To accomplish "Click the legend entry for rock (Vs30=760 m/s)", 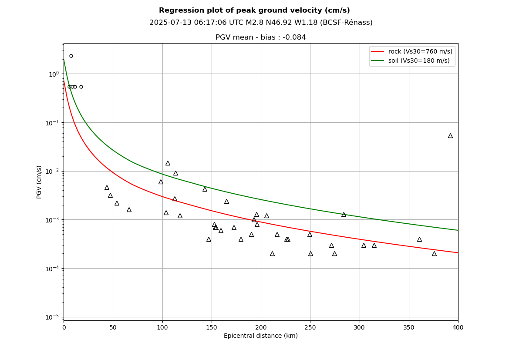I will [420, 51].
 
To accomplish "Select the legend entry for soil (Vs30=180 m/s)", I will [419, 61].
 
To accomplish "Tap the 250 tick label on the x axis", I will [310, 327].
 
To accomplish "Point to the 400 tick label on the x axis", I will [458, 327].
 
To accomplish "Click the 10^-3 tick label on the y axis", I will [54, 220].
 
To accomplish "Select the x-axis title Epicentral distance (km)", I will [261, 336].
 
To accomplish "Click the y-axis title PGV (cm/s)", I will [39, 182].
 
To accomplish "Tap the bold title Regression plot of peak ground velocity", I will [254, 10].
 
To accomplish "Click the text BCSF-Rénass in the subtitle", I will [347, 23].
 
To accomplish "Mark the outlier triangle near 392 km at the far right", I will [450, 136].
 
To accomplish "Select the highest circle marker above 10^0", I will [71, 56].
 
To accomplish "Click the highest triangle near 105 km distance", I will [168, 163].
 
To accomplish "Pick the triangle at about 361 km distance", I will [419, 239].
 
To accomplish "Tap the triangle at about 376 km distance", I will [434, 254].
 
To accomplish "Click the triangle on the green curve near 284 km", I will [344, 215].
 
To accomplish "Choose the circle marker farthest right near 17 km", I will [81, 87].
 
